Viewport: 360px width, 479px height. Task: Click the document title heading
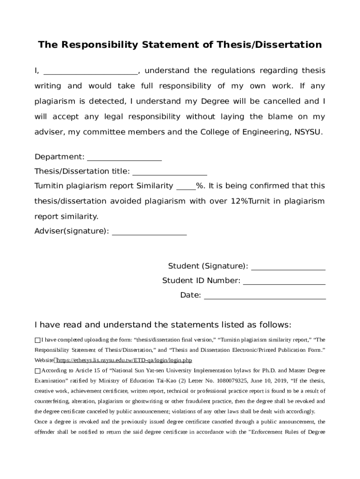tap(180, 45)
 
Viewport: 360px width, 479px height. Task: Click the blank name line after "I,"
tap(91, 72)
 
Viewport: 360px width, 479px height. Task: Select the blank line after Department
tap(124, 158)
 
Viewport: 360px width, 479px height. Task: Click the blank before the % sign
tap(186, 188)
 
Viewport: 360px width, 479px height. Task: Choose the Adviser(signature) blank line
tap(149, 232)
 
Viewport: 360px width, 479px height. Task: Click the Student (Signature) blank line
tap(288, 268)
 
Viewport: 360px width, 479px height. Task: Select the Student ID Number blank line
tap(284, 282)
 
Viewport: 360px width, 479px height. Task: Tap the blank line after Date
tap(265, 297)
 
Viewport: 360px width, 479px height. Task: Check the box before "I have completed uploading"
tap(38, 340)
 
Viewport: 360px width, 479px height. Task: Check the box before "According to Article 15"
tap(38, 370)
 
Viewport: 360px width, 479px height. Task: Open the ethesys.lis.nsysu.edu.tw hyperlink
tap(124, 360)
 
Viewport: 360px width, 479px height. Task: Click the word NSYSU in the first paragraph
tap(308, 132)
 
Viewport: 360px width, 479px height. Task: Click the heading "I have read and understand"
tap(163, 325)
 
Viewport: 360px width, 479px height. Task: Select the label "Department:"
tap(59, 157)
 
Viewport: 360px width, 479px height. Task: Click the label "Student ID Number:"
tap(201, 281)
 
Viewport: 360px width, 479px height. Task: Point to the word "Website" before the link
tap(43, 360)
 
